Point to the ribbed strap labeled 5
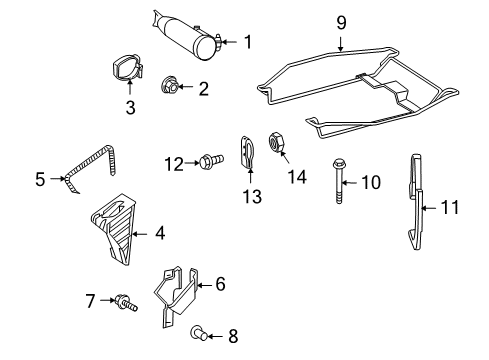(x=92, y=169)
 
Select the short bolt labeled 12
(x=209, y=161)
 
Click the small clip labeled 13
(x=249, y=153)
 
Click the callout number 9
(x=341, y=21)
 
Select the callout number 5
(x=40, y=180)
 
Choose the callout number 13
(x=251, y=196)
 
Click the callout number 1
(x=247, y=41)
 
